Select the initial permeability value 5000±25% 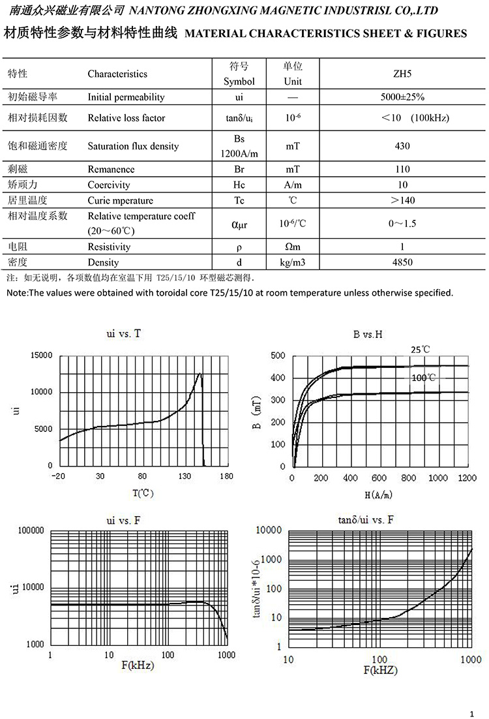(403, 97)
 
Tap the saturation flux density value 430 (403, 146)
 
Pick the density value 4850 (403, 262)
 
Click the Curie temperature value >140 (403, 200)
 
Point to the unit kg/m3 (293, 262)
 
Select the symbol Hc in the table (239, 185)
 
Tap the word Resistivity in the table (109, 247)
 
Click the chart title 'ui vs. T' (123, 333)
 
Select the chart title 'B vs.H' (368, 335)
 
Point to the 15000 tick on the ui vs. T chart (40, 355)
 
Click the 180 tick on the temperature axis (226, 477)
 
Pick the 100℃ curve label (424, 378)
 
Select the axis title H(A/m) (378, 495)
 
